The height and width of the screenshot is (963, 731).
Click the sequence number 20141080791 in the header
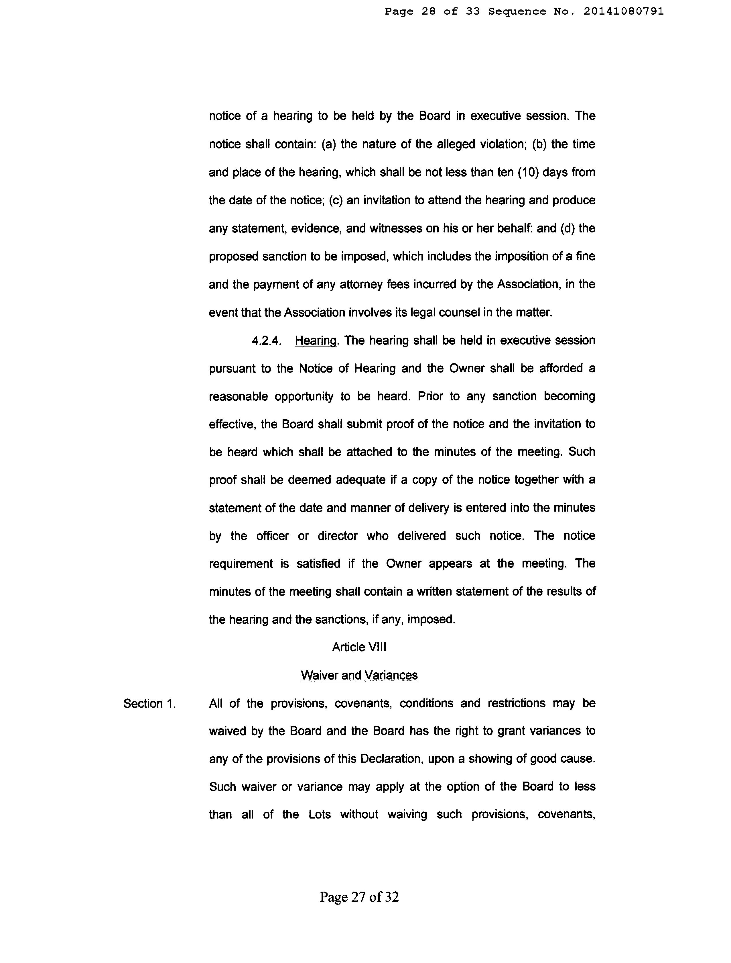point(624,12)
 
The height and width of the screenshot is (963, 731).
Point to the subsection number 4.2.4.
point(266,340)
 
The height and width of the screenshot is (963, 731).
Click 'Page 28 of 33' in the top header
point(432,12)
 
